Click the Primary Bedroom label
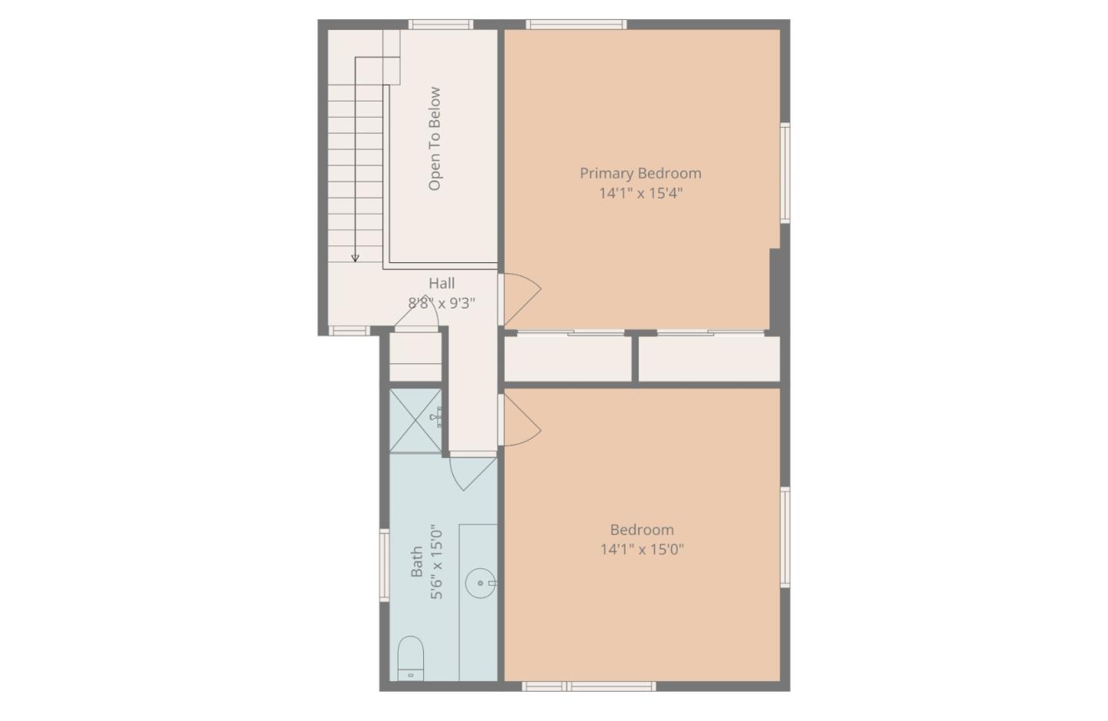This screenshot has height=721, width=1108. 640,173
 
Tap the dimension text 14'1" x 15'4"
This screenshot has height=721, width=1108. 640,192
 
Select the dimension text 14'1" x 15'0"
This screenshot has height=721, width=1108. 642,549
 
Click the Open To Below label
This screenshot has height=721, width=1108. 435,139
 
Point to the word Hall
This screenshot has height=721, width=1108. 442,283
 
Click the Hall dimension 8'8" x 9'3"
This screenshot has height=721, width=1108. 442,302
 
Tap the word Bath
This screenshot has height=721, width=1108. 416,562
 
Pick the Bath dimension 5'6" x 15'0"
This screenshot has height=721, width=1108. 436,562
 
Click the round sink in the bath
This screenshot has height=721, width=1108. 480,583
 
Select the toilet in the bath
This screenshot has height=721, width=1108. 410,659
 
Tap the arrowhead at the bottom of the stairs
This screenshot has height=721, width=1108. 355,259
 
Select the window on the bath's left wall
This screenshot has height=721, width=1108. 384,564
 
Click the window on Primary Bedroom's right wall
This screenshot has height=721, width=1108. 785,173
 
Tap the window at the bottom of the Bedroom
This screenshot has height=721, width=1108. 589,686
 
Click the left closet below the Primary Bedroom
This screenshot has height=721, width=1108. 567,358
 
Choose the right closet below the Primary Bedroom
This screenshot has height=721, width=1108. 709,358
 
